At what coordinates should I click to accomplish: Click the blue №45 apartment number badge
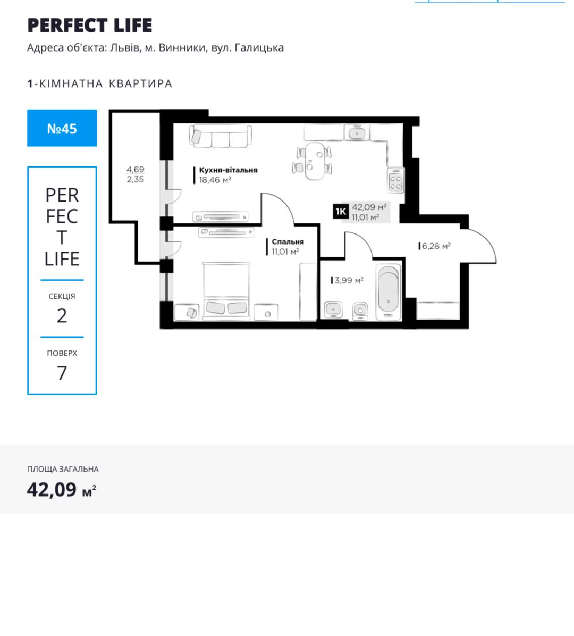pyautogui.click(x=62, y=128)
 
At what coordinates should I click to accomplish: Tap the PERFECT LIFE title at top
pyautogui.click(x=90, y=25)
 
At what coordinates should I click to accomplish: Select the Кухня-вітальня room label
pyautogui.click(x=228, y=170)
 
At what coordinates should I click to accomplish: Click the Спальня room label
pyautogui.click(x=288, y=242)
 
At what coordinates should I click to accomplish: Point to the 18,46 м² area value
pyautogui.click(x=215, y=180)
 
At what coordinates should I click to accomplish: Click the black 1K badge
pyautogui.click(x=341, y=211)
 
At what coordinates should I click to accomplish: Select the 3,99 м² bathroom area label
pyautogui.click(x=349, y=280)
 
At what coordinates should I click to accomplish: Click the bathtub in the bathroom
pyautogui.click(x=389, y=291)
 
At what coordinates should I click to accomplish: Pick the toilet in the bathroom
pyautogui.click(x=360, y=311)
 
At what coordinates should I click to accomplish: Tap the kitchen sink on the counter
pyautogui.click(x=357, y=132)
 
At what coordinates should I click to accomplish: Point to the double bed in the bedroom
pyautogui.click(x=226, y=290)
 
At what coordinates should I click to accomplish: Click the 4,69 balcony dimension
pyautogui.click(x=136, y=169)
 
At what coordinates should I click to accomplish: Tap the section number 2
pyautogui.click(x=62, y=316)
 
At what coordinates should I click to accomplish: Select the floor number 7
pyautogui.click(x=62, y=373)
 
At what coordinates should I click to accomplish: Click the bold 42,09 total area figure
pyautogui.click(x=52, y=490)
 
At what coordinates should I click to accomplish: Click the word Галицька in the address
pyautogui.click(x=259, y=48)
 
